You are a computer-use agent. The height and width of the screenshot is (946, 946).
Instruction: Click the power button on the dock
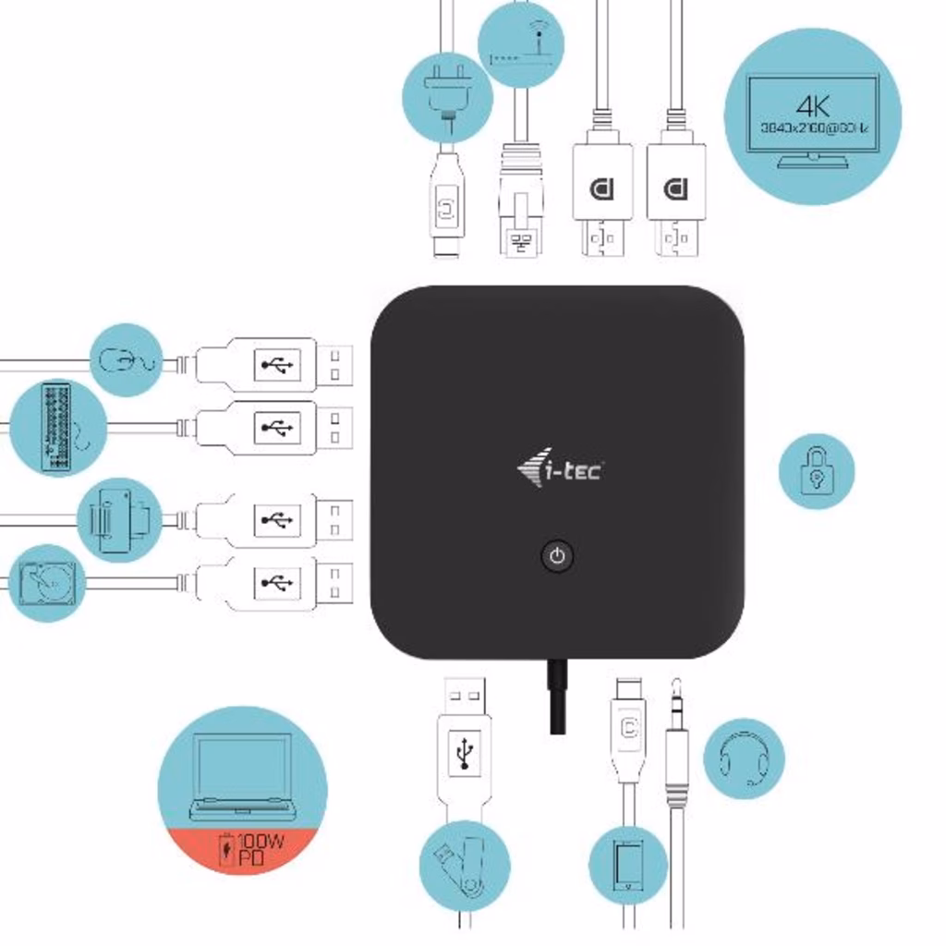pyautogui.click(x=556, y=556)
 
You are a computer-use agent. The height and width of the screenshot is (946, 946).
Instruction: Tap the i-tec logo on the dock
pyautogui.click(x=560, y=471)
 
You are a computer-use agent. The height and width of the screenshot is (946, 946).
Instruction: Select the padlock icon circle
pyautogui.click(x=817, y=471)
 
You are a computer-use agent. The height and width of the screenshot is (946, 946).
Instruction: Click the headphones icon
pyautogui.click(x=744, y=758)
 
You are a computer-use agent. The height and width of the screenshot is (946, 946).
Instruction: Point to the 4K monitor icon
pyautogui.click(x=813, y=116)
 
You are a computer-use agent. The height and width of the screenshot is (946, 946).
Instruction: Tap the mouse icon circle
pyautogui.click(x=127, y=359)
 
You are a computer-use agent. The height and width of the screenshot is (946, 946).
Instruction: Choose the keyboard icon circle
pyautogui.click(x=57, y=428)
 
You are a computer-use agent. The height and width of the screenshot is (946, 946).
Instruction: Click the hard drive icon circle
pyautogui.click(x=46, y=583)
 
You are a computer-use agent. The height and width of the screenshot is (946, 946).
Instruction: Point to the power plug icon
pyautogui.click(x=447, y=97)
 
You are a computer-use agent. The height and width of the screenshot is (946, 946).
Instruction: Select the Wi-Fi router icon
pyautogui.click(x=520, y=44)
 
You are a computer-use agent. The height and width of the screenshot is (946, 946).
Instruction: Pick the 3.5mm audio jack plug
pyautogui.click(x=676, y=748)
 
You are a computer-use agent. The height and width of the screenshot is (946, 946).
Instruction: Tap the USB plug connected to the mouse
pyautogui.click(x=273, y=365)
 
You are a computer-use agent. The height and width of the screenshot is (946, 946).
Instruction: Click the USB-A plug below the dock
pyautogui.click(x=464, y=739)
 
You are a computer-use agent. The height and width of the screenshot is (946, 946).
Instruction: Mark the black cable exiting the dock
pyautogui.click(x=557, y=697)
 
